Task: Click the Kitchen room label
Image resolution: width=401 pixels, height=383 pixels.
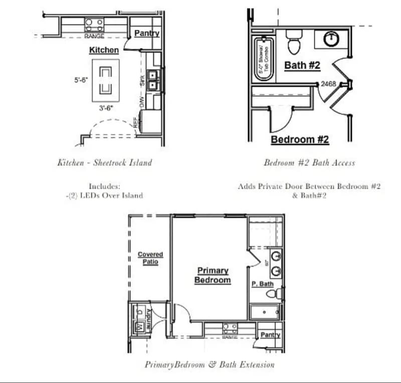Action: point(104,50)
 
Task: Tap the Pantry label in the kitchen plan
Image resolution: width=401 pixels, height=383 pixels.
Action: point(147,34)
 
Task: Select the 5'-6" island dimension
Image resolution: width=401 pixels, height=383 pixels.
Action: point(81,80)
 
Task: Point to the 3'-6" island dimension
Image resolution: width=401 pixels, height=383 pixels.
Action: point(105,108)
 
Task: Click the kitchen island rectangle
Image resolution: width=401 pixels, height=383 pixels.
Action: point(105,80)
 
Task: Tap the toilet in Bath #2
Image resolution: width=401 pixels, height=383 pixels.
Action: point(293,43)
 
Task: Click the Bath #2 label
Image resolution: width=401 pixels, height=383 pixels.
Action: point(302,65)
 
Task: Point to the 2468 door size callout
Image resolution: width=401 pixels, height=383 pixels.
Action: point(328,84)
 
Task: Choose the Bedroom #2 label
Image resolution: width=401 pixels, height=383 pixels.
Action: point(300,140)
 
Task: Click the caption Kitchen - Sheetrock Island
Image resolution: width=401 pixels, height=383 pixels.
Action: point(104,162)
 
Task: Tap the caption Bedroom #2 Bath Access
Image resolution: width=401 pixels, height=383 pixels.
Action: point(309,162)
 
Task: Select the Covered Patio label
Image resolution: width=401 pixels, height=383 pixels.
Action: point(150,258)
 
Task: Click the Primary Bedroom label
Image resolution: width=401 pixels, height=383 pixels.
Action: point(213,275)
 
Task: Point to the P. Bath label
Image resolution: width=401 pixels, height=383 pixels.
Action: point(262,284)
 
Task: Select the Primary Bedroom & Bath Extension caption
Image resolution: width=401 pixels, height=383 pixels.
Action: point(210,364)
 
